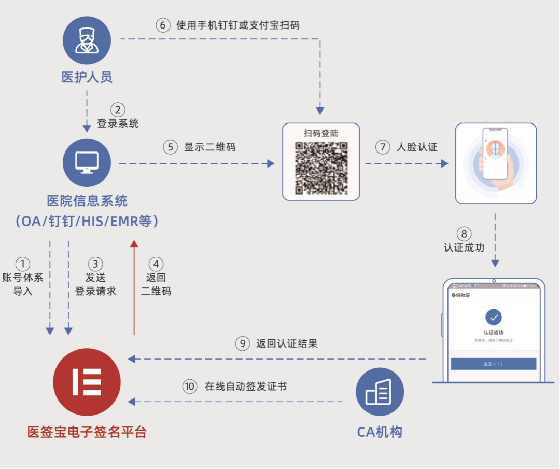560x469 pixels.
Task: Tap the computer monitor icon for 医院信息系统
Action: (x=87, y=162)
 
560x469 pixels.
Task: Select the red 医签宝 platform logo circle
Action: (x=87, y=382)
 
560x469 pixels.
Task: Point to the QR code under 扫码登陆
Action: (x=321, y=167)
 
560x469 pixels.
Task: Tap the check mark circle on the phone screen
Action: (x=493, y=316)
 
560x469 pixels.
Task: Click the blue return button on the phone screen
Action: (x=493, y=364)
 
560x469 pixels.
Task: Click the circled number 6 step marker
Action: (x=163, y=25)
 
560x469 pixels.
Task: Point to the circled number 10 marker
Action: (x=190, y=387)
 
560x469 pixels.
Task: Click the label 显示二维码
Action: (x=209, y=147)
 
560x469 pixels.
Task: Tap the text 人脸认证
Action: (x=417, y=147)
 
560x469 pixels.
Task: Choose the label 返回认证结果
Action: (x=287, y=343)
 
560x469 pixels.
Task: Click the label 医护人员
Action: (x=87, y=78)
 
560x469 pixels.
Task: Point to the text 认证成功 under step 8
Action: (x=464, y=247)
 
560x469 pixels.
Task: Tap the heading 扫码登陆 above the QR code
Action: (x=321, y=133)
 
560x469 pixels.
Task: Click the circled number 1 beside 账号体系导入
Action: (x=23, y=264)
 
